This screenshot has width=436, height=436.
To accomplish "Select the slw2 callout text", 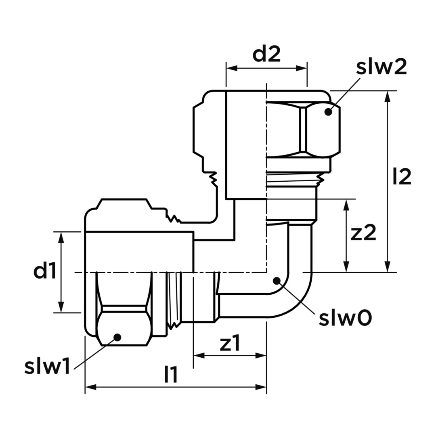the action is [x=381, y=67].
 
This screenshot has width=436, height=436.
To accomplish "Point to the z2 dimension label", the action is [x=363, y=233].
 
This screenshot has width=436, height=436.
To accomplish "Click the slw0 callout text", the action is [x=345, y=318].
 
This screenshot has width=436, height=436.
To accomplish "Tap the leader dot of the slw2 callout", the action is [x=328, y=112].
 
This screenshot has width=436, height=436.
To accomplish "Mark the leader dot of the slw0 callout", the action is [x=277, y=281].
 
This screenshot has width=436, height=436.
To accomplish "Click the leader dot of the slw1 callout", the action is [x=117, y=337].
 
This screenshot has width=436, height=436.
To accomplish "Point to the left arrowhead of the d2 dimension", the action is [x=232, y=68].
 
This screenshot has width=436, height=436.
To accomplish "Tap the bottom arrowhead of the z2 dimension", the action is [x=346, y=266].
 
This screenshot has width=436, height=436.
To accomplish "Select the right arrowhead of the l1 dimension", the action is [x=261, y=387].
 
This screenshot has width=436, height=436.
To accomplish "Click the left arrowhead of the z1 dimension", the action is [x=199, y=355].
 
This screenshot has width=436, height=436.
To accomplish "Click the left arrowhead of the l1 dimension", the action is [x=91, y=387].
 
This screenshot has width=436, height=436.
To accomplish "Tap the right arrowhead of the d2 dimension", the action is [x=302, y=68].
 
